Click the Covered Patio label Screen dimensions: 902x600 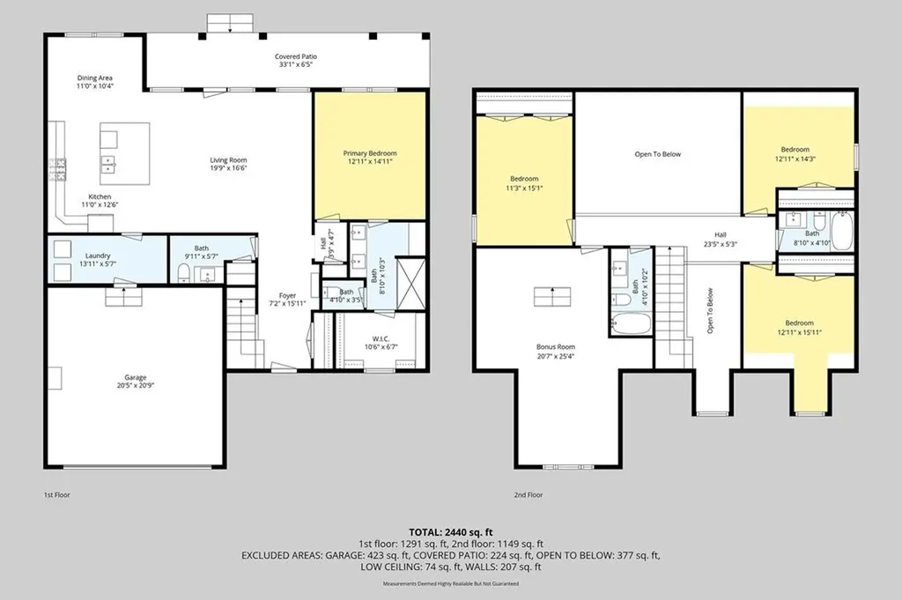296,57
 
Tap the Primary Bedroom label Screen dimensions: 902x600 370,153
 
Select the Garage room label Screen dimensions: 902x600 136,378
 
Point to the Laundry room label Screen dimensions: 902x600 98,256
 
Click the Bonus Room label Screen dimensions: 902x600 556,347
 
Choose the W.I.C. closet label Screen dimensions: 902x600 381,339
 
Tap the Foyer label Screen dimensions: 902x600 287,296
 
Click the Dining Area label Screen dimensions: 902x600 95,78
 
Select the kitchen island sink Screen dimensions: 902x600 108,164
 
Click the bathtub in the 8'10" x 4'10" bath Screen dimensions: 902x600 843,230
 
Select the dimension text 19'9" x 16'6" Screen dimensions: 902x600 228,168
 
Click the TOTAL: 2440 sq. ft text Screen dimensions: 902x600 451,532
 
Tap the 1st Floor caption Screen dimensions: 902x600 57,495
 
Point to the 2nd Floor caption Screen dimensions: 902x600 529,495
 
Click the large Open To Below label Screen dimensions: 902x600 657,154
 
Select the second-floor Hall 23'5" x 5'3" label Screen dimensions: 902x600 721,240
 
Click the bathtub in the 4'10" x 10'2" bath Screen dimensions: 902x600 631,323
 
